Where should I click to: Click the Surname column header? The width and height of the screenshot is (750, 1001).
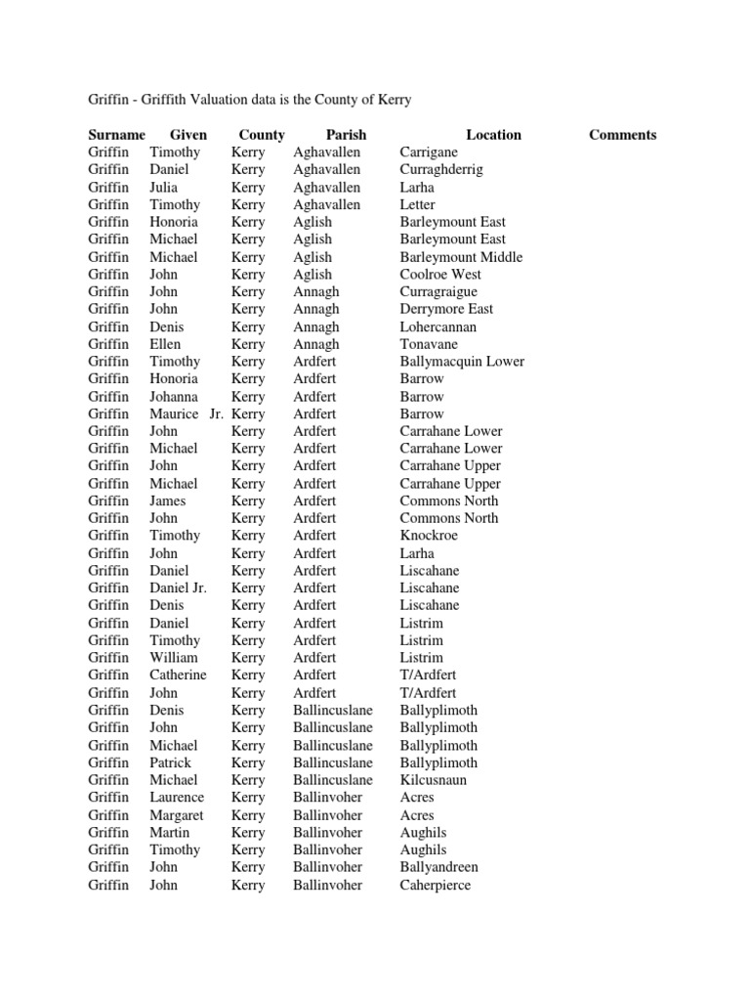click(x=116, y=135)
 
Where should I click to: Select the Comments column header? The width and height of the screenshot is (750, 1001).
click(x=622, y=135)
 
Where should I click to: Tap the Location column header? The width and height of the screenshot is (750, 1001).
click(x=493, y=135)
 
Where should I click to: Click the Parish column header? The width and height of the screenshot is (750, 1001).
click(x=346, y=135)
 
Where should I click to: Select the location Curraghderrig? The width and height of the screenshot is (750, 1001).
click(x=440, y=170)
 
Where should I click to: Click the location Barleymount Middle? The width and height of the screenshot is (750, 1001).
click(x=461, y=257)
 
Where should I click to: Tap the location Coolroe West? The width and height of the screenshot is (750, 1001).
click(x=440, y=275)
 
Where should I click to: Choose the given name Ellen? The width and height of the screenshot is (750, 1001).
click(x=165, y=344)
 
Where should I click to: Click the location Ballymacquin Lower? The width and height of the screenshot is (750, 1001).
click(x=462, y=362)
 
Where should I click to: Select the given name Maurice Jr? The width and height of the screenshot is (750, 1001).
click(x=187, y=413)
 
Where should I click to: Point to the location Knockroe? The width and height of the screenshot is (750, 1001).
click(x=429, y=536)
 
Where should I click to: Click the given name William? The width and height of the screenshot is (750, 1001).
click(x=173, y=658)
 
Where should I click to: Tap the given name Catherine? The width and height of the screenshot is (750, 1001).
click(x=178, y=675)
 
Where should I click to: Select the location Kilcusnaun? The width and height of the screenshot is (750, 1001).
click(x=433, y=780)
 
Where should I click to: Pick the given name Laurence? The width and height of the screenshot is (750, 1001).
click(x=177, y=798)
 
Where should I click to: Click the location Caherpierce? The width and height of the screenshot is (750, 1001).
click(x=435, y=885)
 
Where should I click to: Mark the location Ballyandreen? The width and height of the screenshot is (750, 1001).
click(x=439, y=867)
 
